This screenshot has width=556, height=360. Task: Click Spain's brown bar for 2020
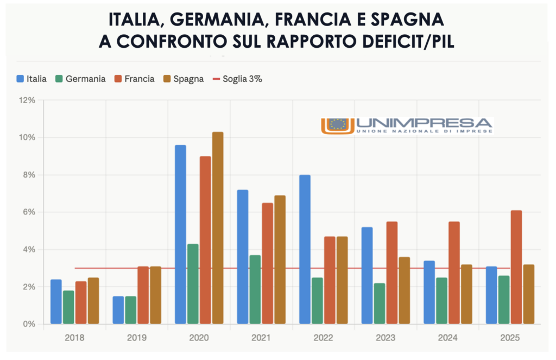tap(217, 228)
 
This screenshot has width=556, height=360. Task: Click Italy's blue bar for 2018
tap(56, 301)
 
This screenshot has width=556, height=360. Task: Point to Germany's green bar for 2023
tap(379, 304)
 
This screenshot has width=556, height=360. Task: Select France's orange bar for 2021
tap(267, 263)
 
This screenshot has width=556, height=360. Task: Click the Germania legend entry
tap(80, 79)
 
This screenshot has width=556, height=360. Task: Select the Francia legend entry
tap(134, 79)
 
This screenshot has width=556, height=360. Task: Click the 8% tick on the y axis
tap(29, 175)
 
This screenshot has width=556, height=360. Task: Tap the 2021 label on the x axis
tap(261, 338)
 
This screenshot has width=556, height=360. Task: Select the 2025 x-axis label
tap(509, 338)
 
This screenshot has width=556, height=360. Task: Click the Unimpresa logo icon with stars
tap(338, 125)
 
